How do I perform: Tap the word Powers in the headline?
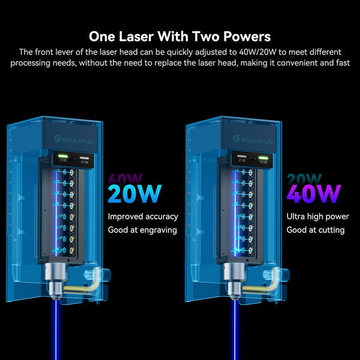pos(247,37)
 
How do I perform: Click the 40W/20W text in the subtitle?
pos(257,52)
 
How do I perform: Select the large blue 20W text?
pos(134,194)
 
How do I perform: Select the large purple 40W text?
pos(314,194)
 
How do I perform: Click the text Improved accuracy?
pos(143,217)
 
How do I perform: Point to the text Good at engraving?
pos(142,230)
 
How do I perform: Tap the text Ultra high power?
pos(317,217)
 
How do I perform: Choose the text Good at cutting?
pos(316,230)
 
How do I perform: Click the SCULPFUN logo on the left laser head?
pos(74,139)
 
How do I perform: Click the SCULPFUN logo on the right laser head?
pos(253,139)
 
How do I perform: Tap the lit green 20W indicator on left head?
pos(63,157)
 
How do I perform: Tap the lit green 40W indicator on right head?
pos(263,158)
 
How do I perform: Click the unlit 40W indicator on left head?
pos(84,158)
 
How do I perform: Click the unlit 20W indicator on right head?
pos(242,157)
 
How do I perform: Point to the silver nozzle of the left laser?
pos(56,281)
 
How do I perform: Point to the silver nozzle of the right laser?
pos(235,281)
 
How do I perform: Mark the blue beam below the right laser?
pos(235,329)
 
